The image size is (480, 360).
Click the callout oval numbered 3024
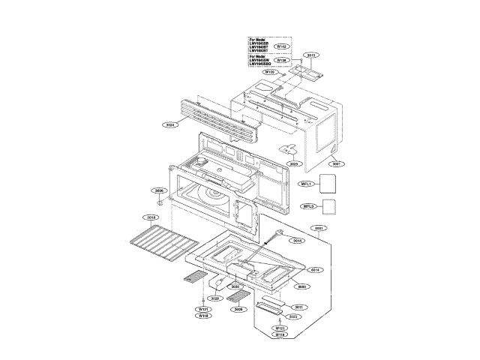click(x=169, y=124)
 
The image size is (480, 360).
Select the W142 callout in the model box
click(x=282, y=46)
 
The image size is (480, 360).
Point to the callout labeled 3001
click(x=338, y=163)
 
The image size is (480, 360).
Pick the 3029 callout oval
click(x=294, y=163)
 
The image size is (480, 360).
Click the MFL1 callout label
click(x=307, y=184)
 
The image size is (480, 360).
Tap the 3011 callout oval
click(x=298, y=307)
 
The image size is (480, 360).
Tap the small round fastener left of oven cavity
click(x=159, y=202)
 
